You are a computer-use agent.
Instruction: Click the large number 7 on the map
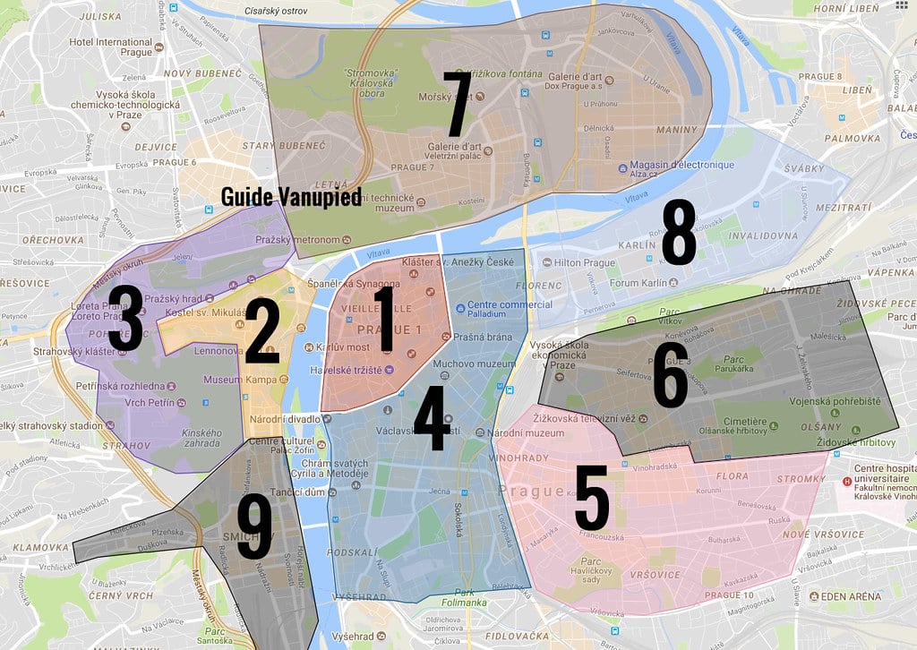coord(458,104)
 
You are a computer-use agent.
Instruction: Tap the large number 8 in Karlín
coord(678,234)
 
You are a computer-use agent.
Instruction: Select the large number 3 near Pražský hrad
coord(124,320)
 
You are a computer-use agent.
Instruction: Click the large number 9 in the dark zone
coord(253,528)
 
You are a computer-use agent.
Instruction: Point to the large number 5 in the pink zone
coord(592,498)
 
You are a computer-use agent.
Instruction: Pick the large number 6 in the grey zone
coord(671,374)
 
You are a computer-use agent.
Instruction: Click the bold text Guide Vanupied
coord(291,196)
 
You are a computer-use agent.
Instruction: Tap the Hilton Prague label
coord(585,263)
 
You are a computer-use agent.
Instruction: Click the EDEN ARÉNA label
coord(855,596)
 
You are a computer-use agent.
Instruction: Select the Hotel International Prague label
coord(112,47)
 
